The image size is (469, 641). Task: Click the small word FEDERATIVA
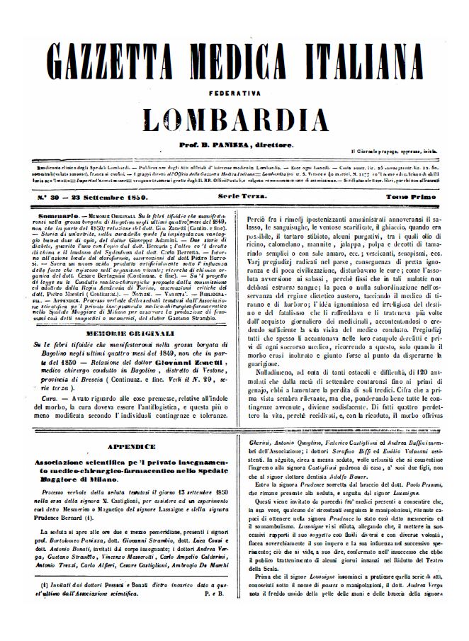click(234, 92)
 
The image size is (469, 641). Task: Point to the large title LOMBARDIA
click(234, 119)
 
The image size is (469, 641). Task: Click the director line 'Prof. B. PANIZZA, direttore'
click(234, 144)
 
